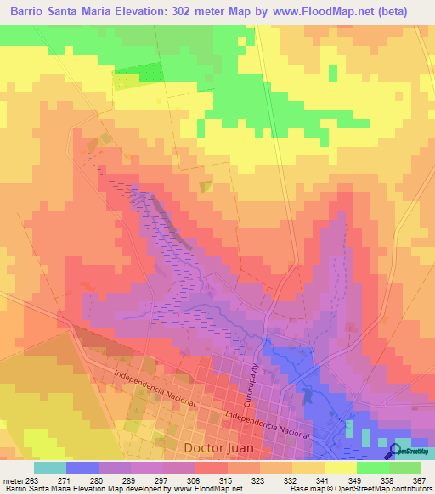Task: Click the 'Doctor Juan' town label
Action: pyautogui.click(x=217, y=446)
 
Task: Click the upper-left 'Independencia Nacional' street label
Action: pyautogui.click(x=155, y=386)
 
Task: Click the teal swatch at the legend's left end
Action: pyautogui.click(x=50, y=468)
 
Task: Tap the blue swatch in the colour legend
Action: pyautogui.click(x=82, y=468)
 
